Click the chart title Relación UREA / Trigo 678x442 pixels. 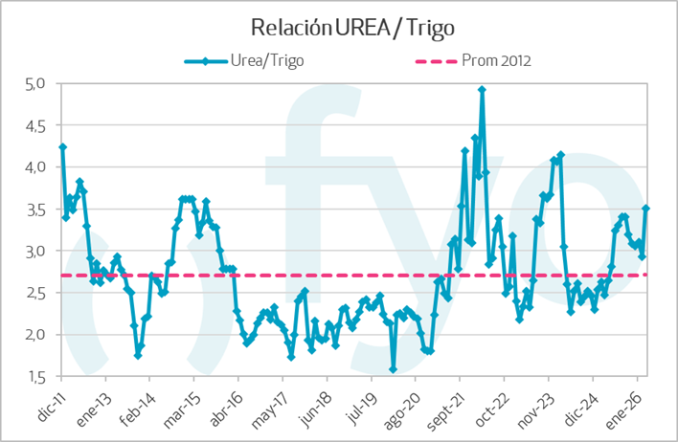tap(338, 26)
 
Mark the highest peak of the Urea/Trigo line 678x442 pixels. tap(482, 89)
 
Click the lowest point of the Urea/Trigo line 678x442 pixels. tap(393, 369)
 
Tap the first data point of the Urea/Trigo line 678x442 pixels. tap(62, 146)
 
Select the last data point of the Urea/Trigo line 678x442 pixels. tap(646, 208)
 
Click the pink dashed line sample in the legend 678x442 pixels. tap(425, 60)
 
